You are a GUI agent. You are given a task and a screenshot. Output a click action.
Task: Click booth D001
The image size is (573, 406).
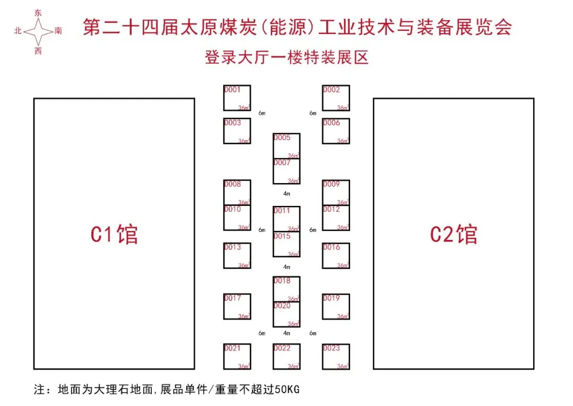[x=237, y=98]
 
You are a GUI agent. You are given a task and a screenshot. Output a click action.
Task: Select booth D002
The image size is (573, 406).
[x=336, y=98]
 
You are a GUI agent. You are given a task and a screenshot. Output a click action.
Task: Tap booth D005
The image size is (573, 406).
[x=286, y=146]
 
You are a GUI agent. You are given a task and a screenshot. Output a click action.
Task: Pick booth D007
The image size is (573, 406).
[x=286, y=171]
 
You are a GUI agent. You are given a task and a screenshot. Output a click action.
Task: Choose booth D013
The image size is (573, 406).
[x=237, y=256]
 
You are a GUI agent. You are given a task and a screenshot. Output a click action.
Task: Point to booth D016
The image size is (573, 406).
[x=336, y=256]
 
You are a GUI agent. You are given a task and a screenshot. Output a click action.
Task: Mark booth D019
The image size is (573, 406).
[x=336, y=307]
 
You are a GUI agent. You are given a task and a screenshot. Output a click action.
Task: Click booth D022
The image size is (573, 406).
[x=286, y=357]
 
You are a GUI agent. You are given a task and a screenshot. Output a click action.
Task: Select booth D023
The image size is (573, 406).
[x=336, y=357]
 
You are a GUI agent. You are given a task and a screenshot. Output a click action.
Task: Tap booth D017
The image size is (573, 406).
[x=237, y=307]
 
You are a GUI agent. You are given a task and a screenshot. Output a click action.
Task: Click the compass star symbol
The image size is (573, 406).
[x=38, y=31]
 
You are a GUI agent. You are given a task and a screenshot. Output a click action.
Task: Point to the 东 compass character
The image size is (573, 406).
[x=38, y=12]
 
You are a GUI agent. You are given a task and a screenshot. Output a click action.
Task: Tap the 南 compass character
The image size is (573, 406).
[x=58, y=31]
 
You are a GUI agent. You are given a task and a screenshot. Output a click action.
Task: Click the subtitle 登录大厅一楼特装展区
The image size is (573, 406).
[x=286, y=57]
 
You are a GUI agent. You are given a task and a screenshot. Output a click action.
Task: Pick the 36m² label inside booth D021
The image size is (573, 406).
[x=244, y=366]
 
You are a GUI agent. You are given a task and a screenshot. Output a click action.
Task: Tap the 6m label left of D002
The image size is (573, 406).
[x=313, y=113]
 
